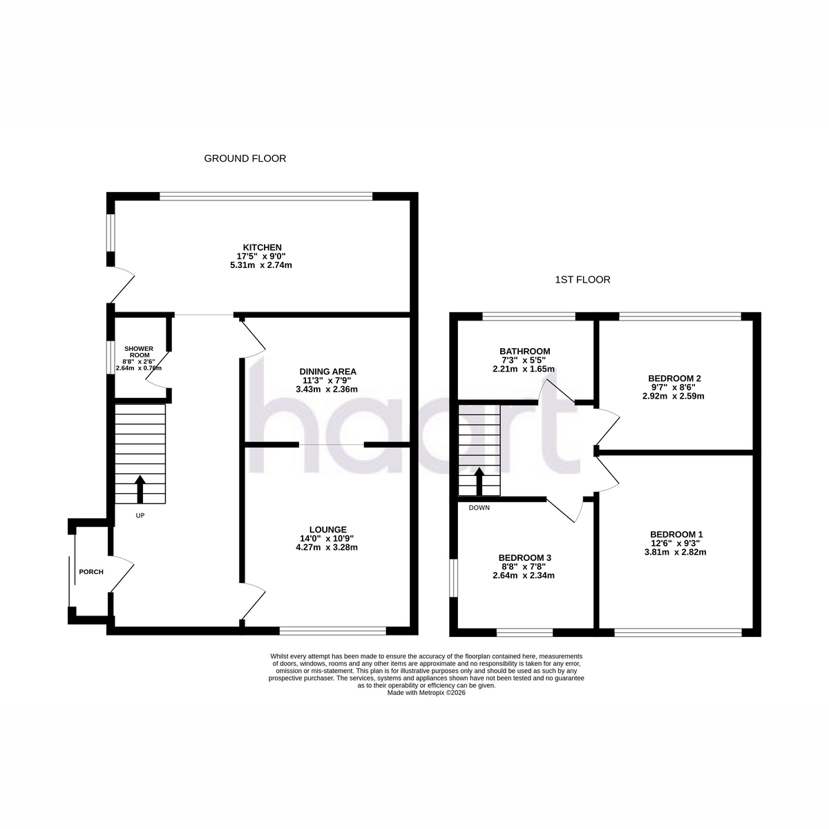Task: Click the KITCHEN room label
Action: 262,247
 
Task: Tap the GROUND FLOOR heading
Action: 245,158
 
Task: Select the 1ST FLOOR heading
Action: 582,280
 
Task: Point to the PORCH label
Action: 91,572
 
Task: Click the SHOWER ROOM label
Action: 139,352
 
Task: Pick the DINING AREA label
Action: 328,371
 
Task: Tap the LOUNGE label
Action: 328,530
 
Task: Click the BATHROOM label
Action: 524,352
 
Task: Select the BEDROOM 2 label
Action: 674,379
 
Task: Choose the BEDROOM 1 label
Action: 676,534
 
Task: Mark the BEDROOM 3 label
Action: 524,558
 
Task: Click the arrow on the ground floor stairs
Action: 140,489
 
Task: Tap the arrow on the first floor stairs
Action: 479,481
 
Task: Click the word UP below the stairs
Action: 140,515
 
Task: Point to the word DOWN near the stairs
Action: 479,508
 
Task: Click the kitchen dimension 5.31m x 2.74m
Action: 261,265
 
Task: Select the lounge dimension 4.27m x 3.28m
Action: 327,547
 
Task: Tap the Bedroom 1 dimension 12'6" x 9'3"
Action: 675,544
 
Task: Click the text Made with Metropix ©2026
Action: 426,693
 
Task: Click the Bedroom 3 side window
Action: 453,578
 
